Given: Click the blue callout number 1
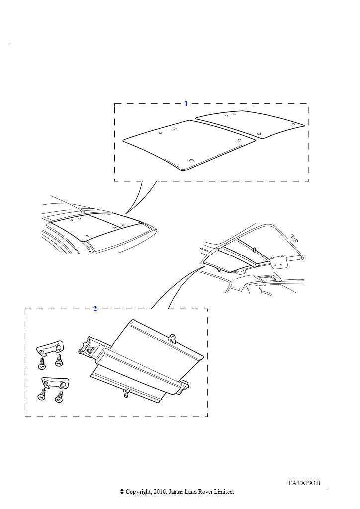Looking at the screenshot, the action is [186, 104].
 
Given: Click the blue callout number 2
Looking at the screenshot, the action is [95, 309].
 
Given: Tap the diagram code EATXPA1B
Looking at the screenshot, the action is [304, 483].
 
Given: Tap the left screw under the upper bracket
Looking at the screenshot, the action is [42, 363].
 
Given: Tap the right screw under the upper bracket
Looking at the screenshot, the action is [59, 360].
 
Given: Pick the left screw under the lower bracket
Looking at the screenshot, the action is [42, 394].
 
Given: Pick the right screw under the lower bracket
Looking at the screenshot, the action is [59, 397].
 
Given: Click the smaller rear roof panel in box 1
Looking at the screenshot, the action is [250, 124].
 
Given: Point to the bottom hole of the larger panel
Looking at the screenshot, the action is [191, 161].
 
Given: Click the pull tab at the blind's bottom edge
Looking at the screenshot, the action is [126, 393].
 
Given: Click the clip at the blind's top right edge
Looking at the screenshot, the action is [172, 338].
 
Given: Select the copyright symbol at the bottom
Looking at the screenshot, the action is [122, 492].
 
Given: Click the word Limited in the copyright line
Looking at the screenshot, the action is [224, 492].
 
